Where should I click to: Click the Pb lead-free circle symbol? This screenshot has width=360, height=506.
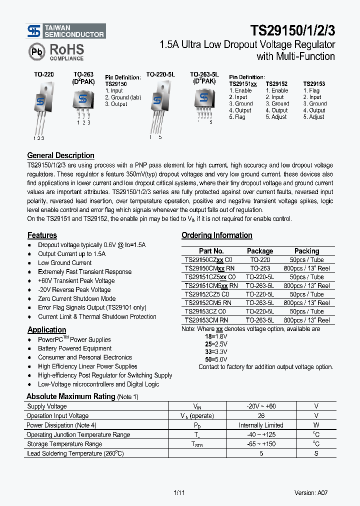(x=36, y=51)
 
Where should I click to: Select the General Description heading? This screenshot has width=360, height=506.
(x=60, y=155)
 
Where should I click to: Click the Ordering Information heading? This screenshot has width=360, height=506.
(x=216, y=235)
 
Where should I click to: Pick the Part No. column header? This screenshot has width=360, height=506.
(x=211, y=251)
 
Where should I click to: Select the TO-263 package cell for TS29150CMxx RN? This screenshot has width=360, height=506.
(x=260, y=268)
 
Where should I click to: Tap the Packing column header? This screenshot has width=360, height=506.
(x=306, y=251)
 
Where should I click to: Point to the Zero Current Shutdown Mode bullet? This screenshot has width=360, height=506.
(x=76, y=299)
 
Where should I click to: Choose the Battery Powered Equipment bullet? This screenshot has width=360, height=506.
(x=75, y=348)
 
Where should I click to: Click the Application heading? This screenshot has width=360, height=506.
(x=46, y=330)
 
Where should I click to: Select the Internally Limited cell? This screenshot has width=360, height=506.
(x=260, y=425)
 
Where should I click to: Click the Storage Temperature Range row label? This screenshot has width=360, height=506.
(x=64, y=444)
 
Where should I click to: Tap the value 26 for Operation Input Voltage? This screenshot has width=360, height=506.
(x=260, y=415)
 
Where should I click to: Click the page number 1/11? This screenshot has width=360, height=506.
(x=179, y=492)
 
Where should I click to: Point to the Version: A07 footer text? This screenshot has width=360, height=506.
(x=311, y=492)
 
